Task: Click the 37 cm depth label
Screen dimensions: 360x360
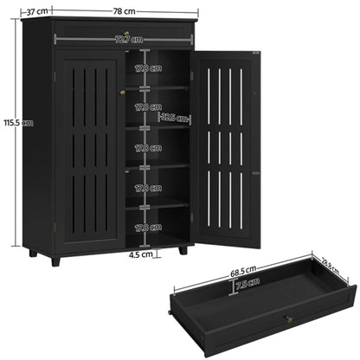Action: click(x=35, y=11)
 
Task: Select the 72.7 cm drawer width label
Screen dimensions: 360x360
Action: click(x=121, y=40)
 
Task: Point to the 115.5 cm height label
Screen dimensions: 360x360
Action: click(x=18, y=122)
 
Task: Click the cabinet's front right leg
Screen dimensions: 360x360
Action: click(x=183, y=249)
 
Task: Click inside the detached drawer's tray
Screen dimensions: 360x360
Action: click(x=260, y=294)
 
